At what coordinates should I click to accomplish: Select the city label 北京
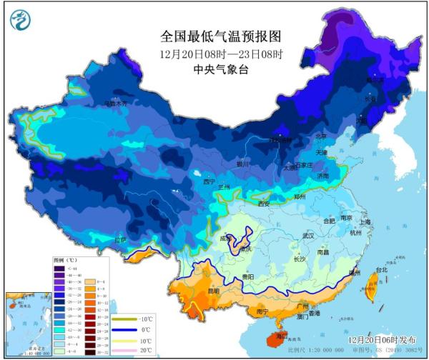coord(321,136)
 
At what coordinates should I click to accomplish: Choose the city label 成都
coord(227,239)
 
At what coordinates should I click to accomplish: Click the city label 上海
coord(365,222)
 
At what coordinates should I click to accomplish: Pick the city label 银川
coord(242,164)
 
